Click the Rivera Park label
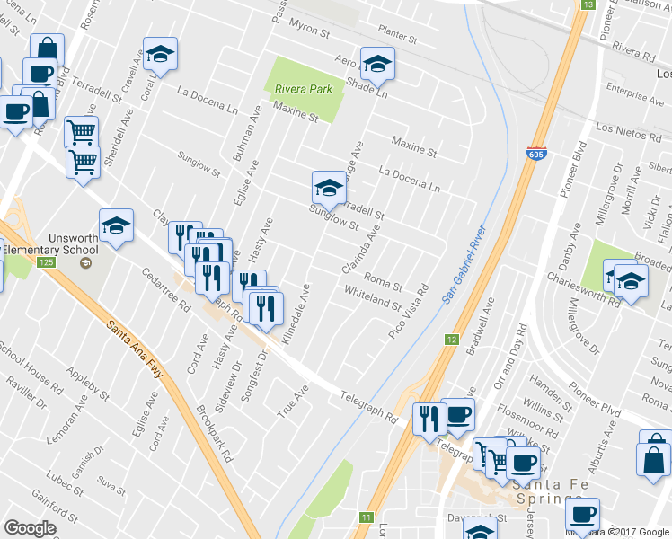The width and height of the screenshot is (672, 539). click(304, 89)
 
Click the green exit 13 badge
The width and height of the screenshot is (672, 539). click(587, 4)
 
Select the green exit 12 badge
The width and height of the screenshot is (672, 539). click(452, 340)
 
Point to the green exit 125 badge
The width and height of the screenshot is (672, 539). click(47, 261)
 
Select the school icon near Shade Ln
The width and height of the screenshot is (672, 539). click(377, 64)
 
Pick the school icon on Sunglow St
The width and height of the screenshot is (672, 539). click(328, 188)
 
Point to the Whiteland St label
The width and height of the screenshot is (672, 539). click(372, 297)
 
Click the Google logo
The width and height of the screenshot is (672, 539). click(30, 528)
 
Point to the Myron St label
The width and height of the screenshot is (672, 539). click(310, 30)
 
